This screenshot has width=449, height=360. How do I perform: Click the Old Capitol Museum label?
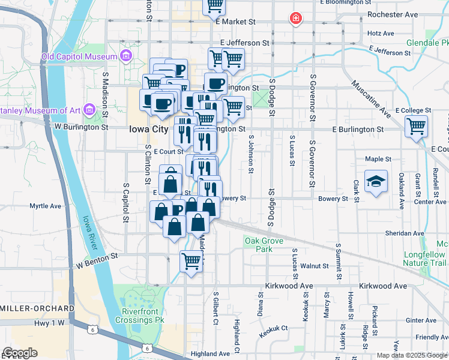pos(78,57)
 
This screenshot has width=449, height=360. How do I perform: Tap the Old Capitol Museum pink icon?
pos(125,56)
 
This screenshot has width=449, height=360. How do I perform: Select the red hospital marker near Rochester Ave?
pos(295,19)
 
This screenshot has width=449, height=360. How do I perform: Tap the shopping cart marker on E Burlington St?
pos(416,127)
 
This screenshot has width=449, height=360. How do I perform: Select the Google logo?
pos(19,353)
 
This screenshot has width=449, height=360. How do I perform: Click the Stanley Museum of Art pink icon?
pos(89,109)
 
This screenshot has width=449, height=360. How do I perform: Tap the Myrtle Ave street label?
pos(46,206)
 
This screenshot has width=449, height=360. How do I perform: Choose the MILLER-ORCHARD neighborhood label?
pos(37,308)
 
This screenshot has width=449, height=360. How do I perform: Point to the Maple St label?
pos(378,160)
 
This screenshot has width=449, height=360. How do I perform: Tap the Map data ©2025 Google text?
pos(411,355)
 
